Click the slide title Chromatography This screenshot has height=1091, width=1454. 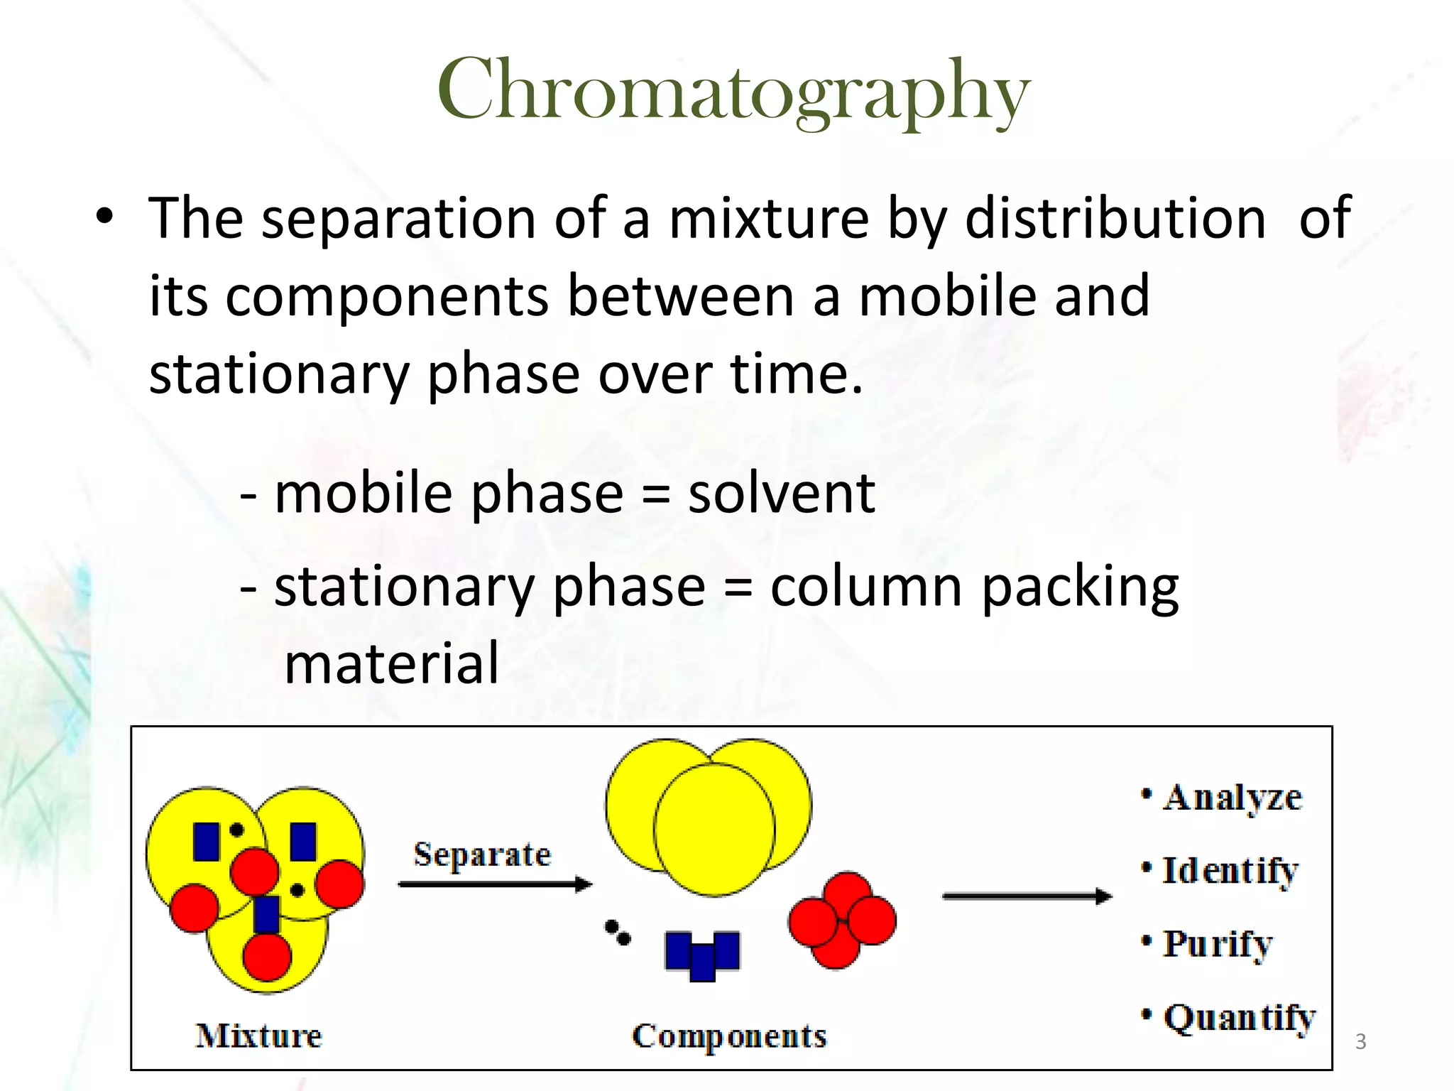point(733,91)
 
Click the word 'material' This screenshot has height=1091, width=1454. point(392,663)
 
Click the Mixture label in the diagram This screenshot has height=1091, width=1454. point(258,1036)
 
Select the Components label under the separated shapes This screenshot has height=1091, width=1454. point(729,1036)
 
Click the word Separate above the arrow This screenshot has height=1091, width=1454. point(482,854)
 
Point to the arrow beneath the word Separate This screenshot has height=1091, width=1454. point(494,884)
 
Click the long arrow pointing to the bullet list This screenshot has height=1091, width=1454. point(1026,896)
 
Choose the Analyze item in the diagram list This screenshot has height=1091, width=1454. point(1232,798)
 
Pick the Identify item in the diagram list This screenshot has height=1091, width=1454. point(1230,871)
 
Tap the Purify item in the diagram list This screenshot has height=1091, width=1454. point(1217,944)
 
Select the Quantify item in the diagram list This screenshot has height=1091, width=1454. point(1239,1018)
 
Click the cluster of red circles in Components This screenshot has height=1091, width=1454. point(842,920)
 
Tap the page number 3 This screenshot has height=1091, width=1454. point(1360,1042)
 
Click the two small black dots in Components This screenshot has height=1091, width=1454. point(617,933)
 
